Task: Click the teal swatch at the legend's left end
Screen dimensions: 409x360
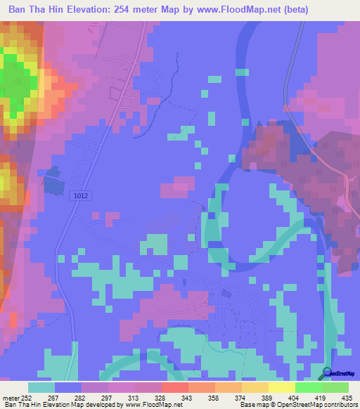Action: click(41, 387)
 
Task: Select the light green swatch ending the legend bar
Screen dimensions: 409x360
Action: click(335, 387)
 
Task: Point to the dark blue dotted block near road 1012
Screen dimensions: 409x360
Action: click(53, 182)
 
